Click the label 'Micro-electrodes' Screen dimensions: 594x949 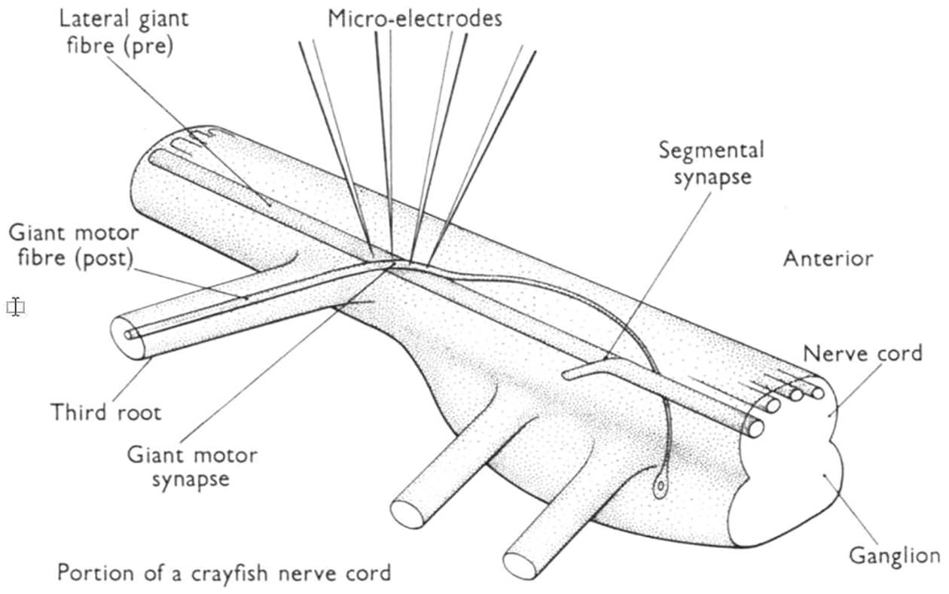pyautogui.click(x=414, y=19)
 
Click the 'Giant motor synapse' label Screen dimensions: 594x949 pyautogui.click(x=192, y=467)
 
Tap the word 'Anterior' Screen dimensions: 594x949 pyautogui.click(x=828, y=259)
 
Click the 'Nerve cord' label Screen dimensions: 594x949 pyautogui.click(x=862, y=352)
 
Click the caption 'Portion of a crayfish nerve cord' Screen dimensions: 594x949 pyautogui.click(x=224, y=573)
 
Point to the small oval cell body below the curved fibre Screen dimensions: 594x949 pyautogui.click(x=661, y=488)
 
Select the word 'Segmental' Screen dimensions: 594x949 pyautogui.click(x=711, y=150)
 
